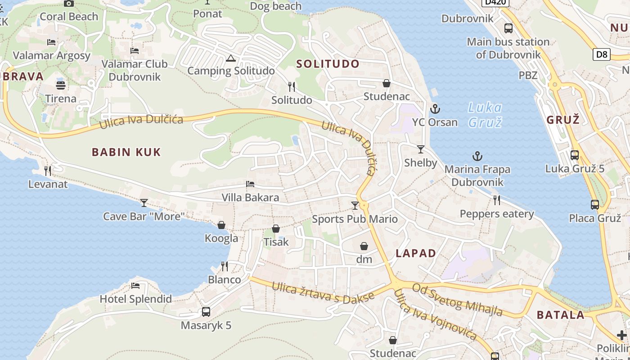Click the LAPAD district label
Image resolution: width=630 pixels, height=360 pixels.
pos(416,253)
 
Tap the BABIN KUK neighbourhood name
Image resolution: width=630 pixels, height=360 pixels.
pos(126,152)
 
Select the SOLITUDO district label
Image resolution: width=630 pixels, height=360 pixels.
pos(328,64)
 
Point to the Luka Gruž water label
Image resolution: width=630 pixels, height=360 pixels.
pos(485,115)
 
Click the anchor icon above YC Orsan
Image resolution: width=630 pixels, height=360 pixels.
pos(435,109)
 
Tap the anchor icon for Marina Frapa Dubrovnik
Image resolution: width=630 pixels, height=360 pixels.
pos(477,157)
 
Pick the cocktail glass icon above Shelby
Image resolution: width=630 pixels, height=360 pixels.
pos(421,149)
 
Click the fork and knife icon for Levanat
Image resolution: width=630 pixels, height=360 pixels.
pos(48,171)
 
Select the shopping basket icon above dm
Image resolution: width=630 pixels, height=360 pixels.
pos(364,246)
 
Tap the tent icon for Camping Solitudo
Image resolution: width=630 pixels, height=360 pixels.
pos(231,58)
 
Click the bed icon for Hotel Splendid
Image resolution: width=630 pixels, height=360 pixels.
pos(135,285)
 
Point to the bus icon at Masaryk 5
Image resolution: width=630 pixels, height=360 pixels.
pos(206,311)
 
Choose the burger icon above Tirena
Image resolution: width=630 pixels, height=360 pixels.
pos(61,85)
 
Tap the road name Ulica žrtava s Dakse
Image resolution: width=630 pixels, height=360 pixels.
pos(323,292)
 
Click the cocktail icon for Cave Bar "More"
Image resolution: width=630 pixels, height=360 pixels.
pos(144,203)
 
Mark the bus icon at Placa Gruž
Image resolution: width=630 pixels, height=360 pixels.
pos(595,205)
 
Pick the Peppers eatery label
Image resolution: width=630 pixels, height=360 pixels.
pos(497,214)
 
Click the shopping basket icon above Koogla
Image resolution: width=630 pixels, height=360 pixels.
pos(221,225)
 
